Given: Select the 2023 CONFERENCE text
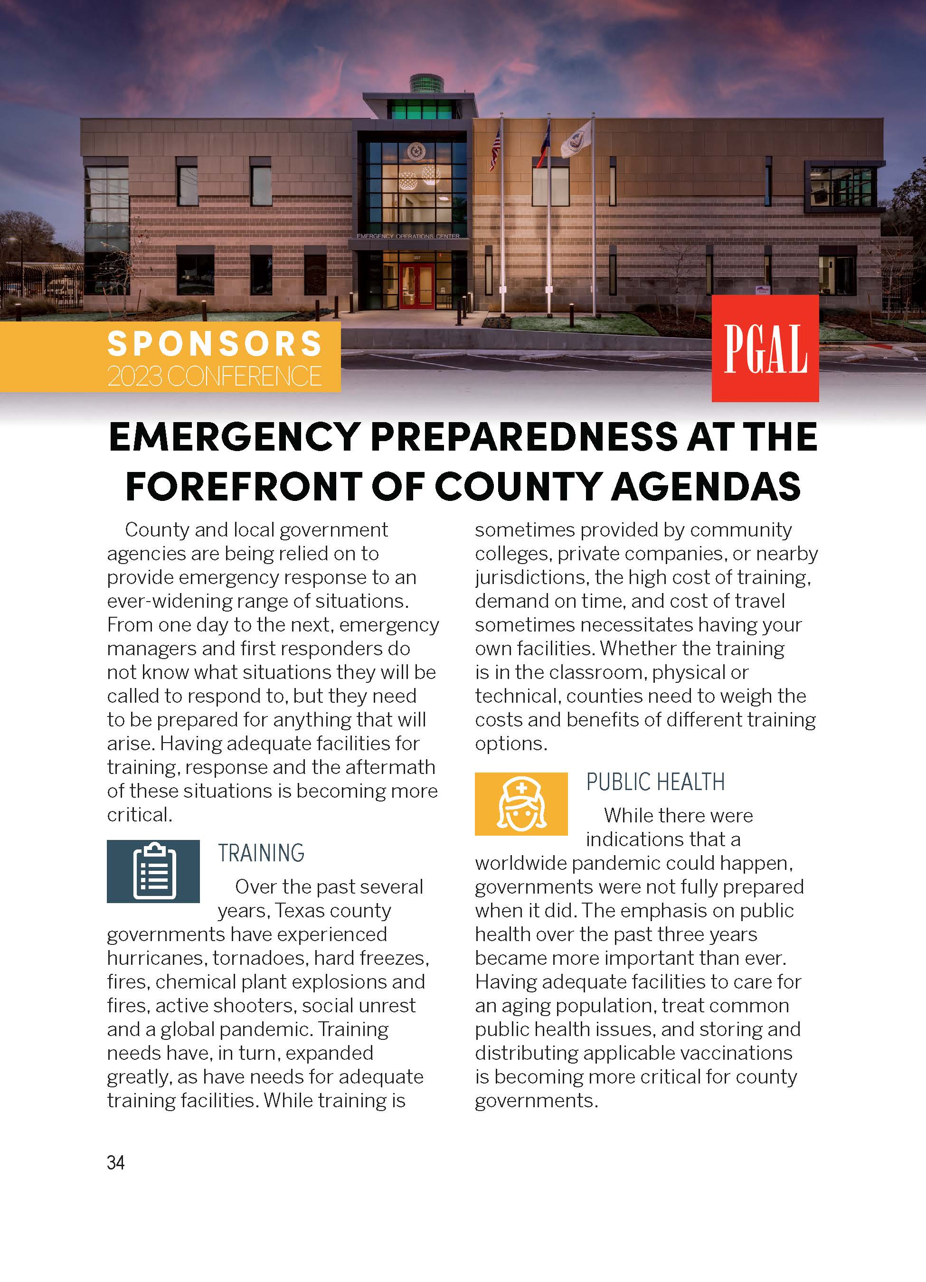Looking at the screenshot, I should tap(214, 376).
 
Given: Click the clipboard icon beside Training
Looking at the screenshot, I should tap(153, 871).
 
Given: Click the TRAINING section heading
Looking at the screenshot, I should tap(261, 853).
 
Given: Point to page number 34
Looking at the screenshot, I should tap(115, 1162).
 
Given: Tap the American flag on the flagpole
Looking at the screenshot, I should tap(496, 148).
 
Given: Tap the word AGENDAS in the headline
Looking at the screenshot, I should tap(706, 486).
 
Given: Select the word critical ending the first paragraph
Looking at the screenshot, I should tap(139, 814).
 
